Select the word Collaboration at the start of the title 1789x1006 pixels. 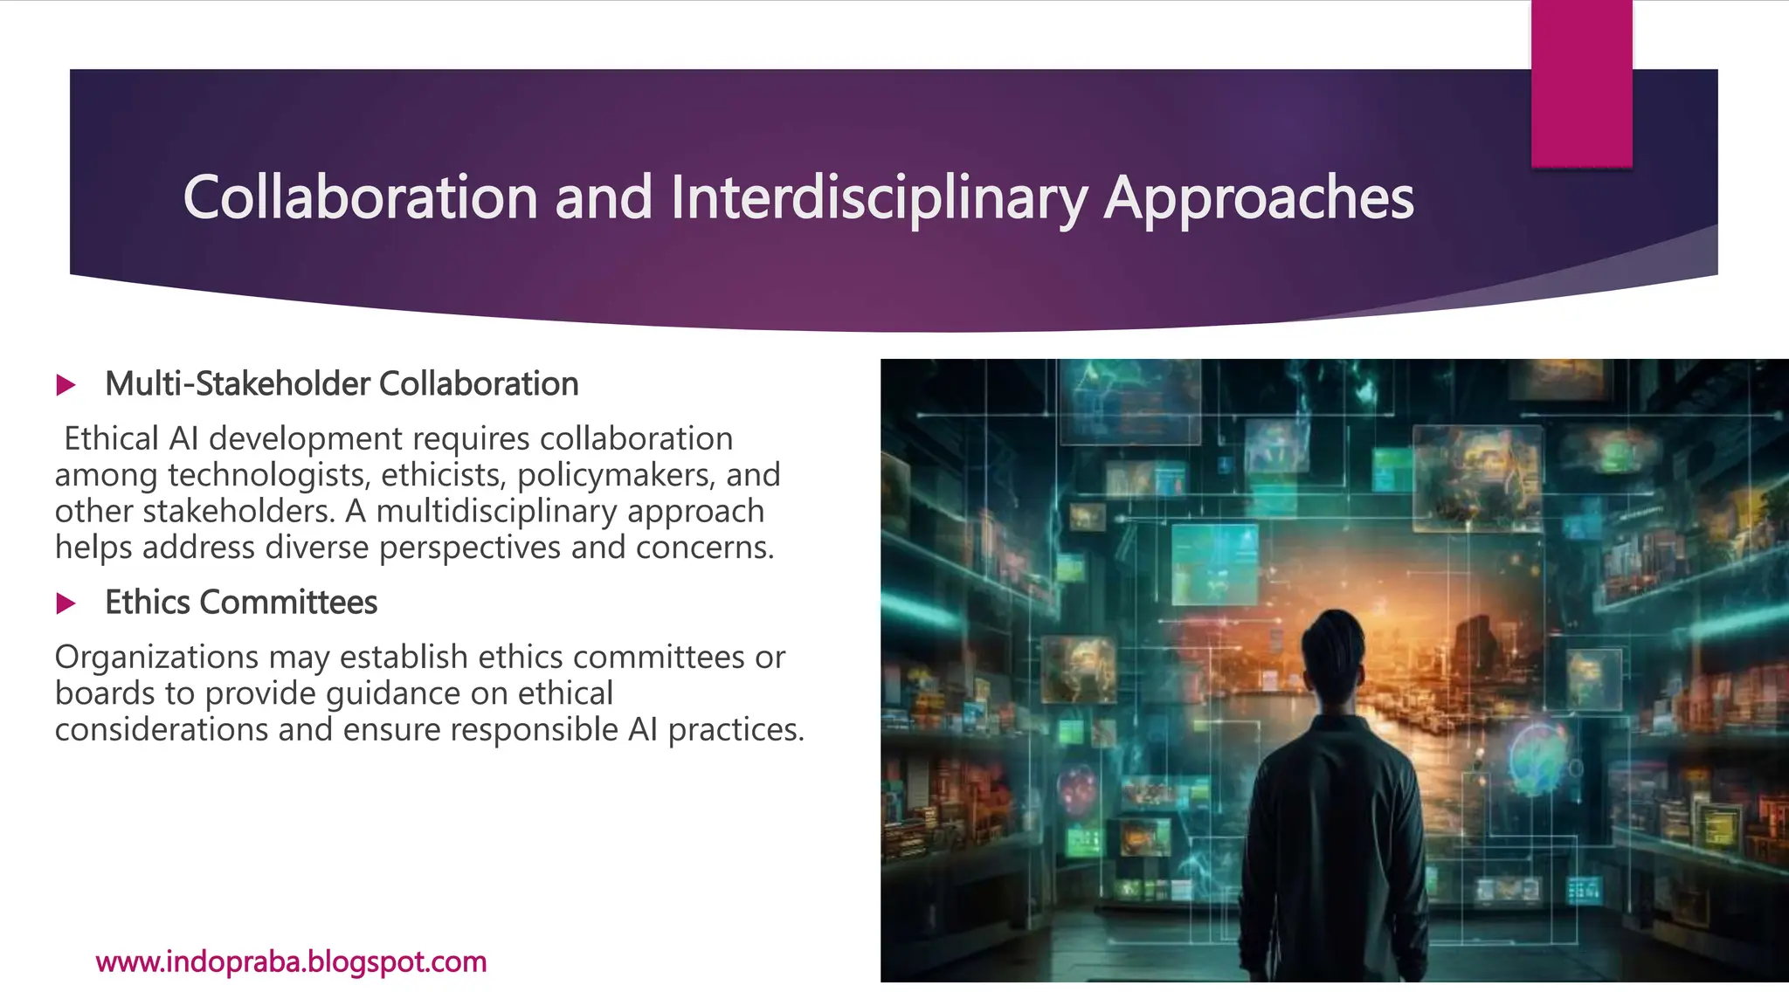click(360, 197)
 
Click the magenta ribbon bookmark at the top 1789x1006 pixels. click(1581, 83)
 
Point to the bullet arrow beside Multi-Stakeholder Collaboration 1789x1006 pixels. click(66, 385)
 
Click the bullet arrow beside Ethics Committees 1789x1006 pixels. click(66, 603)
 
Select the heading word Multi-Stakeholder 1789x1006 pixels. click(238, 384)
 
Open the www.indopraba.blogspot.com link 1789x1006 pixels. click(291, 961)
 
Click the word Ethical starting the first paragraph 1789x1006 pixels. click(112, 438)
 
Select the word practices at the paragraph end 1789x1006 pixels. click(736, 729)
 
